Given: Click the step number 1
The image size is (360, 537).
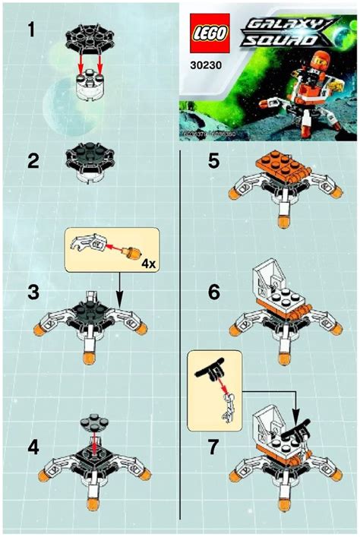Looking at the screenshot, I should click(31, 32).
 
